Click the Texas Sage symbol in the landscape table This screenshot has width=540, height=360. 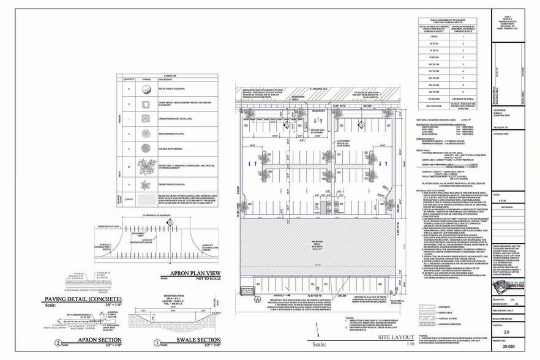pyautogui.click(x=145, y=89)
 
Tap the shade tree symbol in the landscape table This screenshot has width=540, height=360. pyautogui.click(x=145, y=165)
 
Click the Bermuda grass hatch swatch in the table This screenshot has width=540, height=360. pyautogui.click(x=145, y=200)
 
